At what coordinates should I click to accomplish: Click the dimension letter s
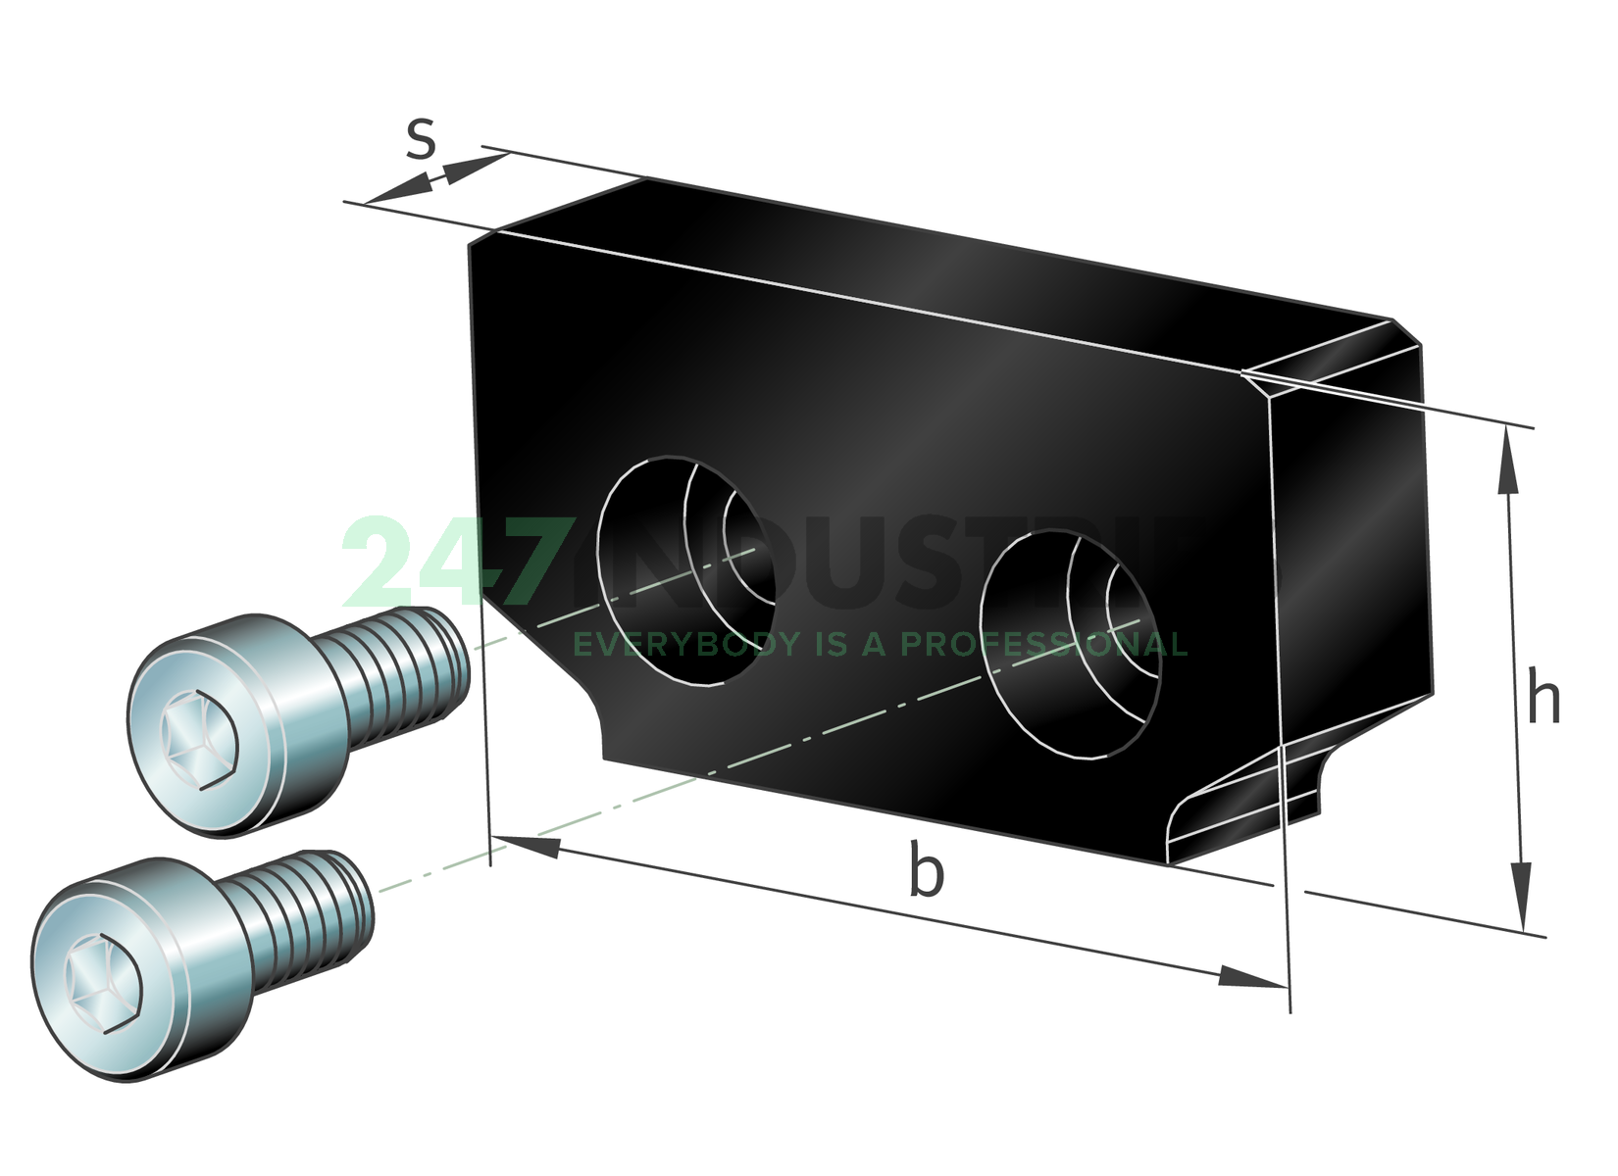coord(421,138)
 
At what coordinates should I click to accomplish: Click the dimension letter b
coord(926,869)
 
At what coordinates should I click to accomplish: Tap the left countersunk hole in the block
coord(686,571)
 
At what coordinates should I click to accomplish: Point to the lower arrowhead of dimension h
coord(1521,897)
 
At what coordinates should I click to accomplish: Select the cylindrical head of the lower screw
coord(137,970)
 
